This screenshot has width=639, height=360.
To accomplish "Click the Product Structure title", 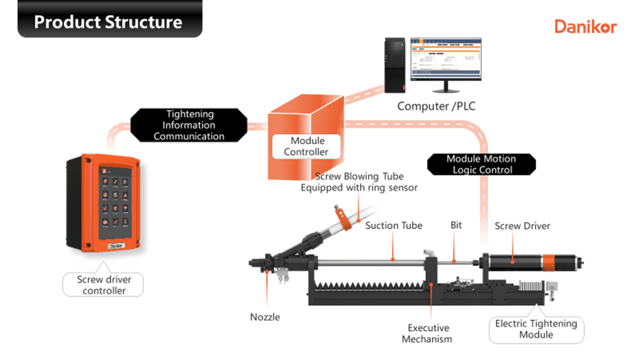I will (x=108, y=22).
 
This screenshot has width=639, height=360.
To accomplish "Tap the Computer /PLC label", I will (x=436, y=106).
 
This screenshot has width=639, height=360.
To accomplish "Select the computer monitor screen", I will (x=445, y=58).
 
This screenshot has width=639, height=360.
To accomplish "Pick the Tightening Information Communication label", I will (x=189, y=125).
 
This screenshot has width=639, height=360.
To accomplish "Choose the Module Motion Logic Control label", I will (x=481, y=164).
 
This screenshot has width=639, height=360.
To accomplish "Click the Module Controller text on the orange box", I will (x=307, y=146).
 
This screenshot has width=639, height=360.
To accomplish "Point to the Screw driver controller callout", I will (x=102, y=285).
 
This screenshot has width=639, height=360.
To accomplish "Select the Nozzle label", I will (x=265, y=317).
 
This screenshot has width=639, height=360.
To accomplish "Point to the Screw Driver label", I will (x=522, y=226).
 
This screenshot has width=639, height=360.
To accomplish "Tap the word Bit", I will (x=456, y=226).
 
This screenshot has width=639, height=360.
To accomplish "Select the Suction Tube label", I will (x=394, y=226).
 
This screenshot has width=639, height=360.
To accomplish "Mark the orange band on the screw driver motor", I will (x=549, y=262).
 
